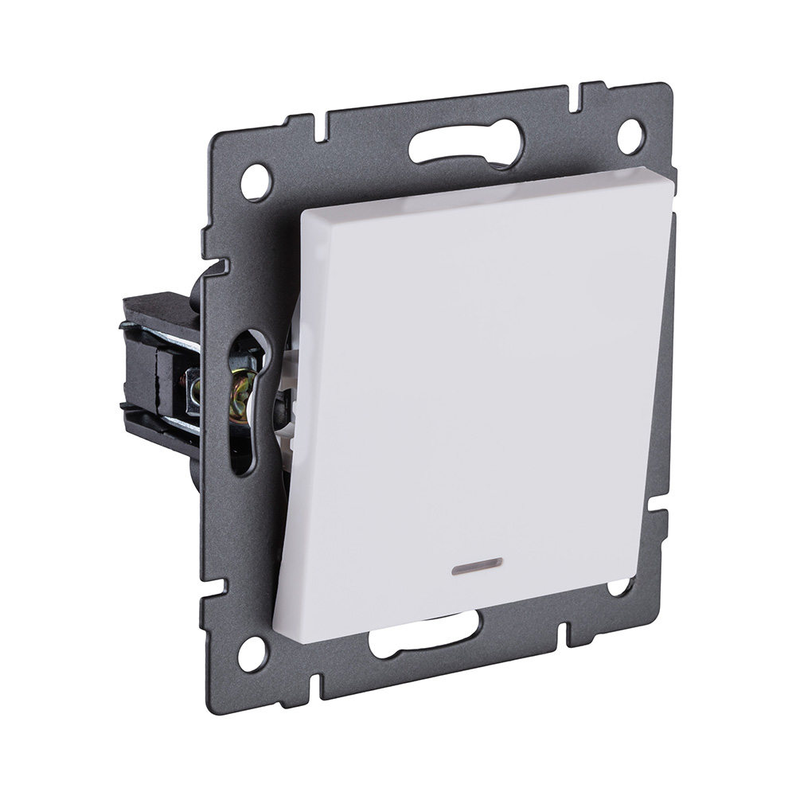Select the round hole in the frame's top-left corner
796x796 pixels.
[x=256, y=182]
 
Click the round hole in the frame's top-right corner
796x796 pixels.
[x=630, y=136]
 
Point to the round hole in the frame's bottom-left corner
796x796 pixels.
[x=252, y=654]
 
